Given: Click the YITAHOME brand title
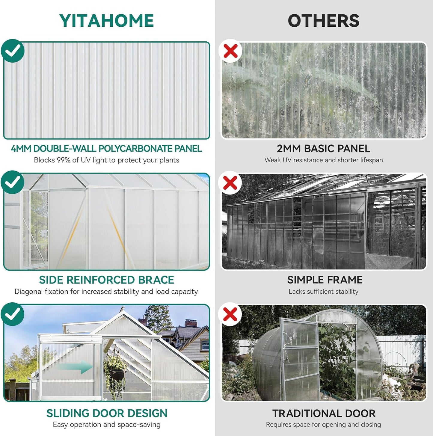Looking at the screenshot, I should coord(106,21).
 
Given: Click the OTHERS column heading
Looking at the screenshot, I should coord(323,21).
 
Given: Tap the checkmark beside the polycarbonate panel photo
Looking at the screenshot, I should coord(13,51).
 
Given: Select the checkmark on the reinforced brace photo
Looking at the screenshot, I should coord(13,182).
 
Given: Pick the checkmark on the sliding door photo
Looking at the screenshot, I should coord(13,314).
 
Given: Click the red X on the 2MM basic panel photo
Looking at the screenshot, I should coord(230,51).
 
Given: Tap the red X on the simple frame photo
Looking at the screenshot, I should coord(230,182).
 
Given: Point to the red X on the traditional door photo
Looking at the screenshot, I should coord(230,314).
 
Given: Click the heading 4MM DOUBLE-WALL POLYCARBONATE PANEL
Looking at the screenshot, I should coord(106,149).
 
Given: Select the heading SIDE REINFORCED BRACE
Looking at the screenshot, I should coord(106,280).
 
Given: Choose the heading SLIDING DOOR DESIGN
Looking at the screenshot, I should coord(107,413).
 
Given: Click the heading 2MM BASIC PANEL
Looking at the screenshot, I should coord(323,149).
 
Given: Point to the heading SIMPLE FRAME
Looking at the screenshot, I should coord(325,280).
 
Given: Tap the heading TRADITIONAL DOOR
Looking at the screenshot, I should coord(324,414).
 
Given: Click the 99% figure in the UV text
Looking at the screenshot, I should coord(64,160).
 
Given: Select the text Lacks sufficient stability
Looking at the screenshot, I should coord(323,292).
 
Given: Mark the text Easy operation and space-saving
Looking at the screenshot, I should coord(107,425).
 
